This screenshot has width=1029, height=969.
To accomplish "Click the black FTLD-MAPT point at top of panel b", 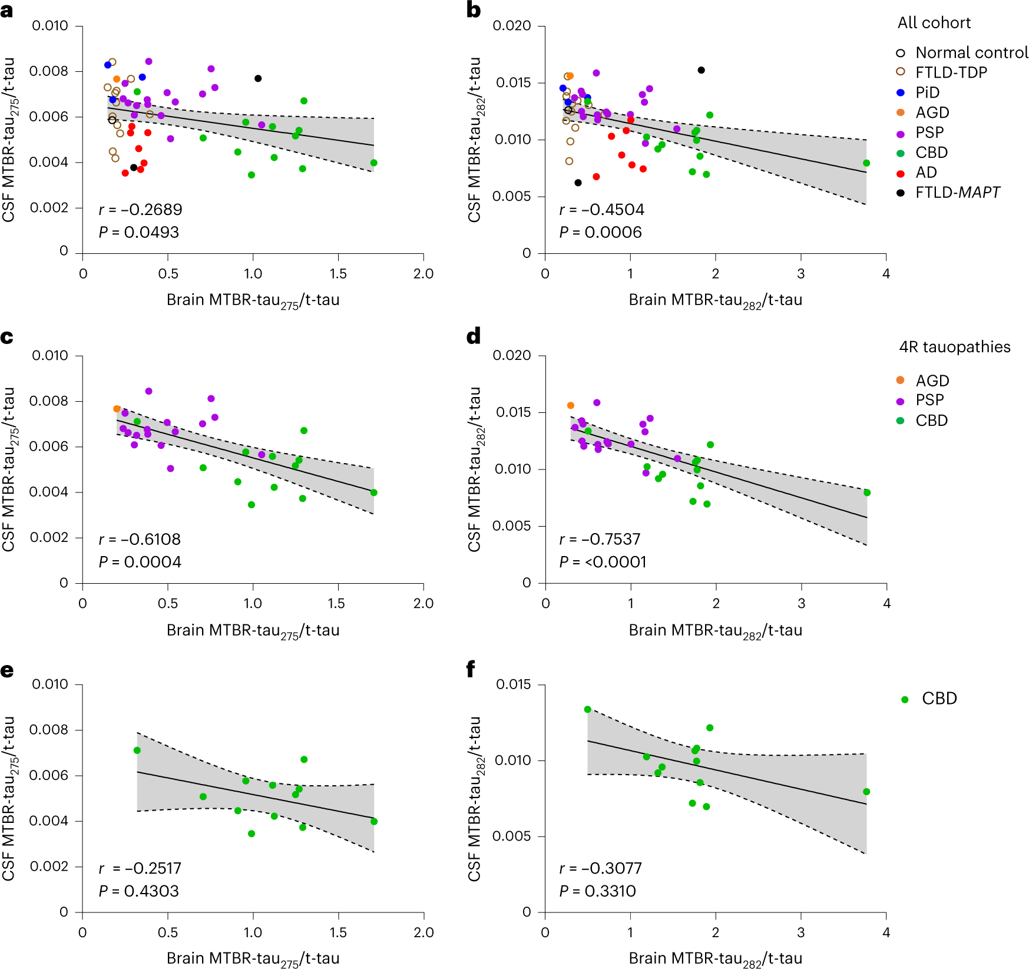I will (701, 70).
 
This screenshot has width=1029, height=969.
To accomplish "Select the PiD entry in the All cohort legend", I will (927, 92).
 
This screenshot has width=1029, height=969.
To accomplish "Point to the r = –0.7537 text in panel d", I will (600, 540).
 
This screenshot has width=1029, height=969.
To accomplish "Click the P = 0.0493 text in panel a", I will (138, 232).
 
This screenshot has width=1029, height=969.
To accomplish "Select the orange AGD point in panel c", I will (117, 409).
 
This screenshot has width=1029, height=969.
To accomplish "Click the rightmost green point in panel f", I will (866, 792).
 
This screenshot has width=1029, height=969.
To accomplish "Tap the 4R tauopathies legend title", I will (954, 347).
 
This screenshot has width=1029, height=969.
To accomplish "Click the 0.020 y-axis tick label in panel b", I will (511, 26).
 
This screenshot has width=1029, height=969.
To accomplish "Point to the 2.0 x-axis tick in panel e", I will (423, 932).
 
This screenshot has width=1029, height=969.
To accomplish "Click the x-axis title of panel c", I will (253, 631).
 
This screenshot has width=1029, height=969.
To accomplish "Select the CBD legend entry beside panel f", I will (939, 699).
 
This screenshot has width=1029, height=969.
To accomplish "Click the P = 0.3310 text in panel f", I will (597, 891).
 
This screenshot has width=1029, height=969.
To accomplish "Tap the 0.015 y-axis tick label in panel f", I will (513, 684).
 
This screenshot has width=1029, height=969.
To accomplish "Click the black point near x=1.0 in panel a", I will (258, 78).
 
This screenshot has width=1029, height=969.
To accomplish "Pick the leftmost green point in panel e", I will (137, 750).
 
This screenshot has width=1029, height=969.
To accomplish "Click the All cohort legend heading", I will (934, 23).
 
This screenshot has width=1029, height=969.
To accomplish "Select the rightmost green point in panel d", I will (866, 492).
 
